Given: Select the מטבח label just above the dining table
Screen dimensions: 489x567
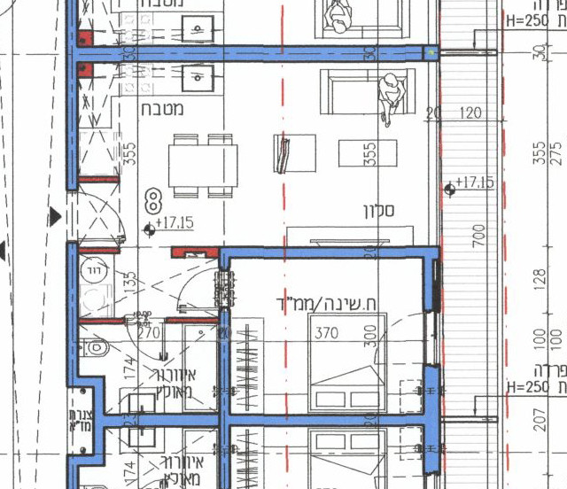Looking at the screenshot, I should (162, 109).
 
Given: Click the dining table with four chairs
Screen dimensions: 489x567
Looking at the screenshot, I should (203, 164).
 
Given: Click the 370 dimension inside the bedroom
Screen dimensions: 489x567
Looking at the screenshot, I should (326, 334).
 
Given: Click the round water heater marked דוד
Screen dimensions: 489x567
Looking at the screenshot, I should (93, 270).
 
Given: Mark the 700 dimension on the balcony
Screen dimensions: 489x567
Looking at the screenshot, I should (479, 235).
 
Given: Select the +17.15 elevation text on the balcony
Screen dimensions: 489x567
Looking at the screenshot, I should (477, 183).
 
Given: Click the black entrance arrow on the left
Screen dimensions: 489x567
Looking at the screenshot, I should (56, 214).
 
